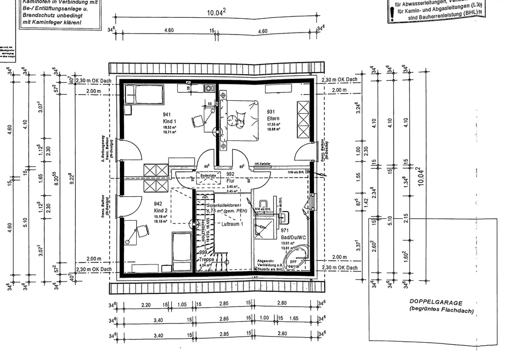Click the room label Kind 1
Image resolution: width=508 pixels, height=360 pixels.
pyautogui.click(x=169, y=121)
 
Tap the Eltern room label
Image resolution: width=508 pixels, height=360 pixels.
pyautogui.click(x=273, y=119)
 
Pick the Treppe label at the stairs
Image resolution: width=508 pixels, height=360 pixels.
pyautogui.click(x=206, y=259)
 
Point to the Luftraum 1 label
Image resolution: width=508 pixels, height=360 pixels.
pyautogui.click(x=233, y=224)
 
